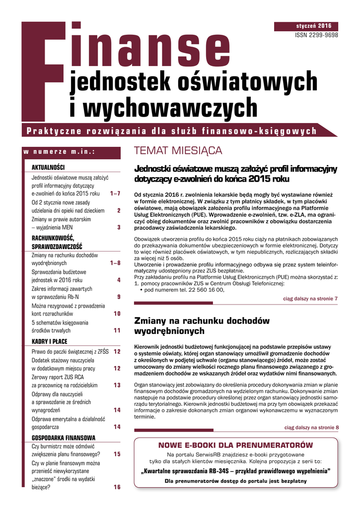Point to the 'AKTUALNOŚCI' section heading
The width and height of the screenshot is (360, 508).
pyautogui.click(x=48, y=167)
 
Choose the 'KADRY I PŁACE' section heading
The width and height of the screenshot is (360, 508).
pyautogui.click(x=49, y=341)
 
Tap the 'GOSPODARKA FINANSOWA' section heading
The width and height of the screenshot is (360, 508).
pyautogui.click(x=64, y=438)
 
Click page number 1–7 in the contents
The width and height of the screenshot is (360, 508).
pyautogui.click(x=115, y=193)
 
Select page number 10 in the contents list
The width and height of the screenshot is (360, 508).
pyautogui.click(x=117, y=314)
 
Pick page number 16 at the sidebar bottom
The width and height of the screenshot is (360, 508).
pyautogui.click(x=117, y=487)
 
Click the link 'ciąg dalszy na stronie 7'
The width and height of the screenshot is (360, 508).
pyautogui.click(x=310, y=299)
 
